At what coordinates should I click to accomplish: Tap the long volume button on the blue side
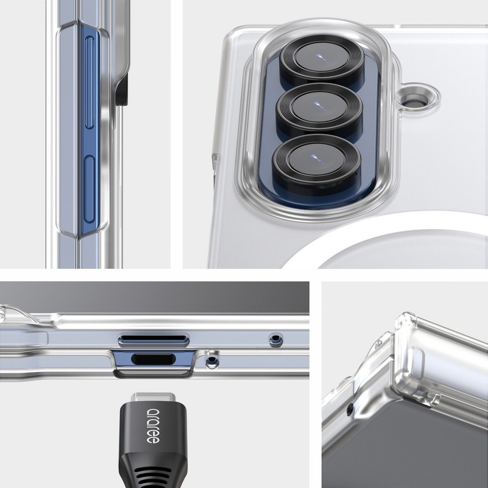(90, 82)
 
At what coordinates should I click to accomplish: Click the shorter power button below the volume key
(89, 189)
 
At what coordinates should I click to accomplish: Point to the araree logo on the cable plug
(153, 426)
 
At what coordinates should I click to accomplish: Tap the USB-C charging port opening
(153, 359)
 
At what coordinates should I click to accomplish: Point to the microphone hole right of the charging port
(212, 361)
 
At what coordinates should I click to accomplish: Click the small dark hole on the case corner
(350, 410)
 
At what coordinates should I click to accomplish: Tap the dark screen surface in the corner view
(405, 451)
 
